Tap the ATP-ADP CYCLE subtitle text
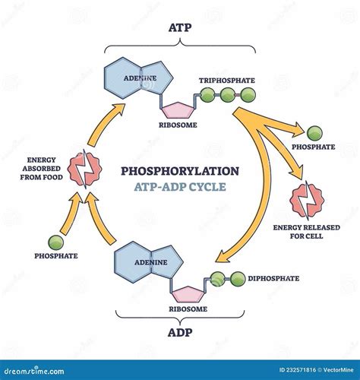coord(180,187)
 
